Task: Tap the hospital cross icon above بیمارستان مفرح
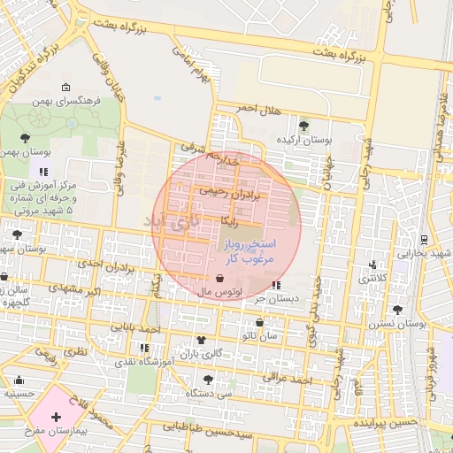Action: click(x=56, y=416)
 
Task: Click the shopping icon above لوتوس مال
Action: click(x=219, y=278)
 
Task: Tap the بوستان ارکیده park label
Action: click(x=303, y=140)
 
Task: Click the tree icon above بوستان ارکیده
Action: click(x=303, y=125)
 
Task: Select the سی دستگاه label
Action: click(x=216, y=392)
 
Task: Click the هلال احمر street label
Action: click(x=257, y=110)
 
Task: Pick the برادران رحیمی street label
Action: click(x=227, y=191)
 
